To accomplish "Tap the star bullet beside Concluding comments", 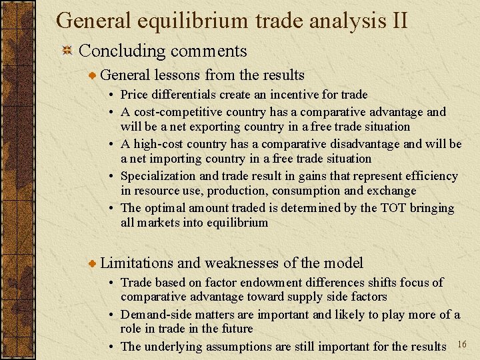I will (66, 51).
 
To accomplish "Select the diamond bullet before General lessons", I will (92, 76).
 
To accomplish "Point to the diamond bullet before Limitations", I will (92, 263).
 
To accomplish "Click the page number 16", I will (463, 343).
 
